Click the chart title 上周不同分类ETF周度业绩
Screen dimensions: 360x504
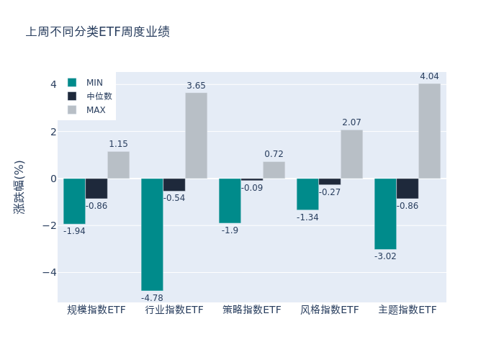[98, 32]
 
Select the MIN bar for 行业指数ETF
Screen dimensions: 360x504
[152, 234]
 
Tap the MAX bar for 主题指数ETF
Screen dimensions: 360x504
[429, 131]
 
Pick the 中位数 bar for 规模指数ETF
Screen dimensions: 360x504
[96, 189]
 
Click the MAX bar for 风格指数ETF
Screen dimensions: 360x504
[351, 154]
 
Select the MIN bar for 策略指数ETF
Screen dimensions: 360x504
[230, 201]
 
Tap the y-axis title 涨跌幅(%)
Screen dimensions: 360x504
[19, 186]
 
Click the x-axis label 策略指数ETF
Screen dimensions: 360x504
[252, 310]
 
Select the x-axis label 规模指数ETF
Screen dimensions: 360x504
[96, 310]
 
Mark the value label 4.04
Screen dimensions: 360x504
[429, 76]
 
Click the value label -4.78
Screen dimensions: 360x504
[152, 297]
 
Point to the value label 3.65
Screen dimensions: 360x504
[196, 86]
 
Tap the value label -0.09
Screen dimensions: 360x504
[252, 188]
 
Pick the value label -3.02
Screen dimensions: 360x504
[385, 256]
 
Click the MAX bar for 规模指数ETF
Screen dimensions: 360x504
[119, 165]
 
